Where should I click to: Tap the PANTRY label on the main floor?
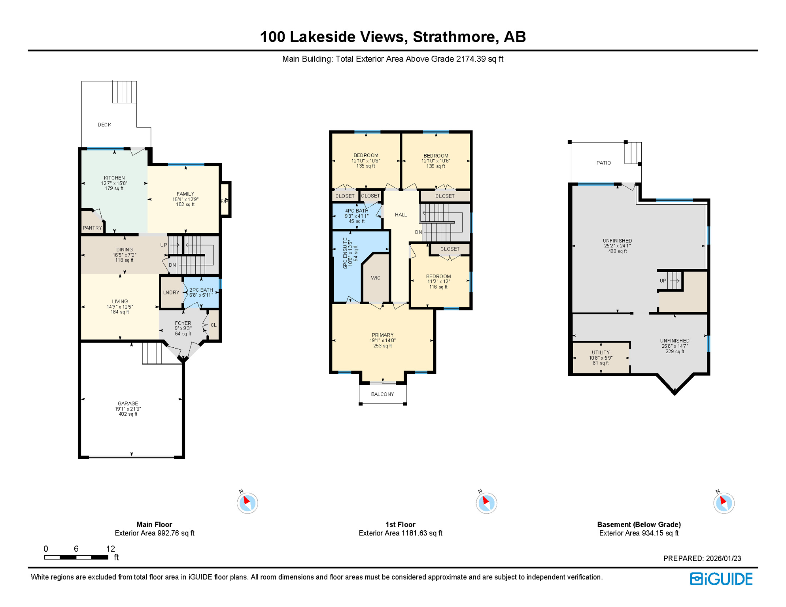[x=92, y=228]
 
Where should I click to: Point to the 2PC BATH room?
[x=201, y=292]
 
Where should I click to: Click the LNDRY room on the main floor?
[x=171, y=292]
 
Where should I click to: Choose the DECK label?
[x=104, y=124]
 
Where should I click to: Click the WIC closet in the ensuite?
[x=376, y=278]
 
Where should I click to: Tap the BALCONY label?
[x=382, y=394]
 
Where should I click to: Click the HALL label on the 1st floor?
[x=401, y=215]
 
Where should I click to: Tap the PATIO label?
[x=603, y=163]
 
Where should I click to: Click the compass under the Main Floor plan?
[x=248, y=503]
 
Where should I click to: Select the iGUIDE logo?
[x=721, y=579]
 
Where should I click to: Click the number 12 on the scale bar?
[x=110, y=549]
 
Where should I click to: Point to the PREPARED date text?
[x=702, y=558]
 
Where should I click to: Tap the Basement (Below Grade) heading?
[x=639, y=524]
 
